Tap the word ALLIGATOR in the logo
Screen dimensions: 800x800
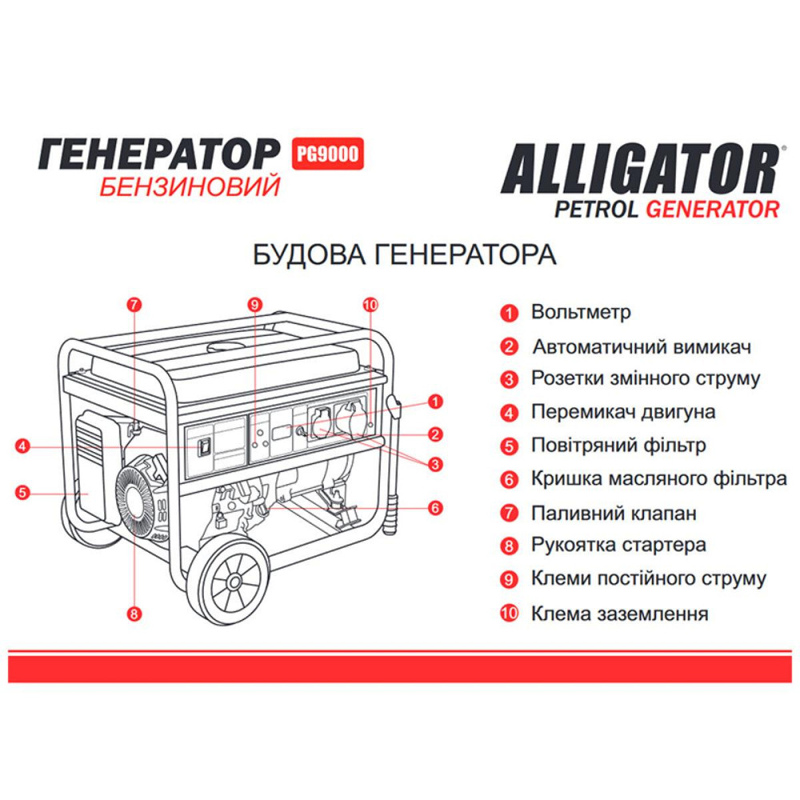point(639,168)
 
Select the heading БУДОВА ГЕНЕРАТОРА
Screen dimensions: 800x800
point(404,255)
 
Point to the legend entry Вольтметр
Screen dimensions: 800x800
point(581,312)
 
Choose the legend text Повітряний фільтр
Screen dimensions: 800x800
point(618,446)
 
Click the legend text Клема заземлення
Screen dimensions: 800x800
point(619,614)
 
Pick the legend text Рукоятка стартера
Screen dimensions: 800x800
point(618,546)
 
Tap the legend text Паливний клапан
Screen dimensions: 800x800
point(614,513)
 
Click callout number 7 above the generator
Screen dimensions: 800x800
point(134,304)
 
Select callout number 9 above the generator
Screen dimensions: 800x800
point(254,304)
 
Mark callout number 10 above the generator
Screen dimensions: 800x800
point(370,304)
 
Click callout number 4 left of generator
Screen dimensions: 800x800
point(23,446)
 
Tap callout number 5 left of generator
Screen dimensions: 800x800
point(23,493)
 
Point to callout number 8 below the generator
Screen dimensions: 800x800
point(134,614)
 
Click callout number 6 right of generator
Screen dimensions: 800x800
point(436,507)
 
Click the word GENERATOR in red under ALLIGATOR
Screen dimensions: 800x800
point(712,210)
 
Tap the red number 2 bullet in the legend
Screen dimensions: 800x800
point(508,347)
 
